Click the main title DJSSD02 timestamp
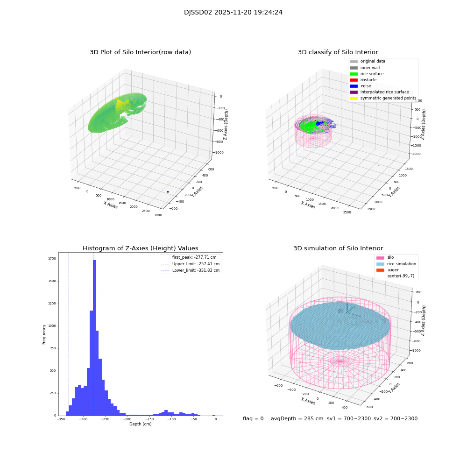pyautogui.click(x=233, y=13)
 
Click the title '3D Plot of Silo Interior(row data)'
pyautogui.click(x=140, y=52)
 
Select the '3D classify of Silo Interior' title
pyautogui.click(x=338, y=52)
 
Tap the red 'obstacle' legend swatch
pyautogui.click(x=354, y=80)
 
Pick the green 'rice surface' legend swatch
pyautogui.click(x=354, y=74)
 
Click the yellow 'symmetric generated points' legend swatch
pyautogui.click(x=354, y=98)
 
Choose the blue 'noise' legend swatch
pyautogui.click(x=354, y=86)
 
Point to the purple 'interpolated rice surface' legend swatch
pyautogui.click(x=354, y=92)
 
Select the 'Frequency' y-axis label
pyautogui.click(x=44, y=334)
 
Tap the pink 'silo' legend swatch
pyautogui.click(x=380, y=258)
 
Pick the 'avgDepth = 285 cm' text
pyautogui.click(x=297, y=419)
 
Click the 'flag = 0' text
pyautogui.click(x=253, y=419)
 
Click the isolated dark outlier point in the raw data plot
pyautogui.click(x=168, y=191)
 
